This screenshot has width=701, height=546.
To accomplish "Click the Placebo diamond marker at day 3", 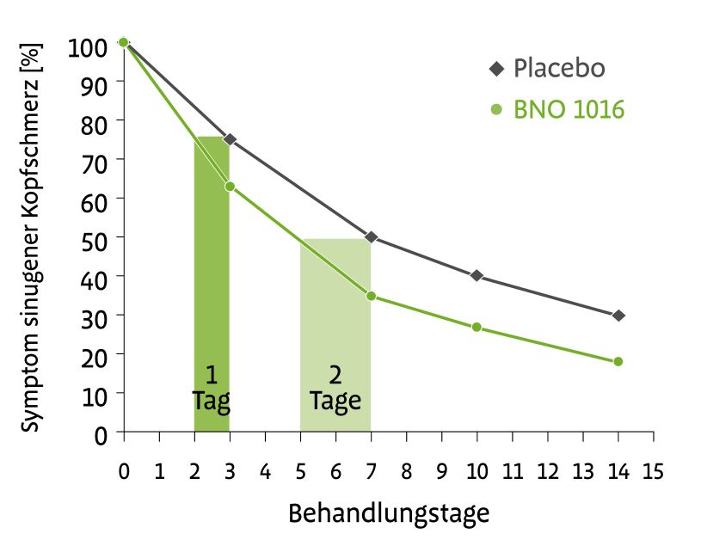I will point(230,139).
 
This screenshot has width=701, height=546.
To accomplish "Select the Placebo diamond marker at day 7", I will point(371,236).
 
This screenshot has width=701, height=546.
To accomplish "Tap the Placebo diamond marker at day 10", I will point(477,276).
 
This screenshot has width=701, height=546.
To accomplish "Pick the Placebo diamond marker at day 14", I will point(618,316).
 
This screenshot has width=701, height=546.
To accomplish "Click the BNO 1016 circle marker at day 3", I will point(230,186).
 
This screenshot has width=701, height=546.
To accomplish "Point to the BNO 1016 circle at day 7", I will point(371,296).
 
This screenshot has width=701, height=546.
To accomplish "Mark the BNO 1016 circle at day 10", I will point(477,328).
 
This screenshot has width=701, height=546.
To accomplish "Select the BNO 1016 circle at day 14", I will point(618,361).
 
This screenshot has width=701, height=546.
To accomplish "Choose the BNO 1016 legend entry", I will point(557,110).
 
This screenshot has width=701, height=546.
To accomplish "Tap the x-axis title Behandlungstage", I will point(388,514).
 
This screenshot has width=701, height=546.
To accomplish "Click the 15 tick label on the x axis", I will point(653,471).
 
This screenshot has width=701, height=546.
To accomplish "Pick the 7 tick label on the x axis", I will point(371,471).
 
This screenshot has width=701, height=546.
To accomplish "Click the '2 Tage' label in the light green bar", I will point(335,388).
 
